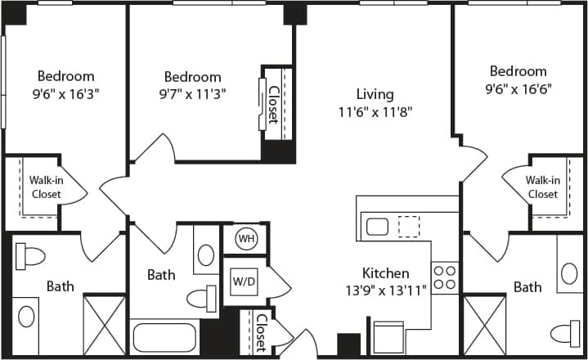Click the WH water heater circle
click(245, 239)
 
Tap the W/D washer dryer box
click(243, 281)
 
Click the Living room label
click(375, 94)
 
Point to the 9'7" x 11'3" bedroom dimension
click(192, 93)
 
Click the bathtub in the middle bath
click(166, 337)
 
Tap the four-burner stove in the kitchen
click(445, 277)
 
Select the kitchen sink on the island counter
click(377, 226)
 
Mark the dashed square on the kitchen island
click(408, 225)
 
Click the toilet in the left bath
click(31, 257)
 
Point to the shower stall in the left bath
click(105, 325)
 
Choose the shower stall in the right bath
click(485, 325)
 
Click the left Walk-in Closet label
click(47, 187)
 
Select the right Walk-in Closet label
click(542, 187)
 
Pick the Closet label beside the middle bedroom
click(272, 106)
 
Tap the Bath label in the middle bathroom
click(161, 275)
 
